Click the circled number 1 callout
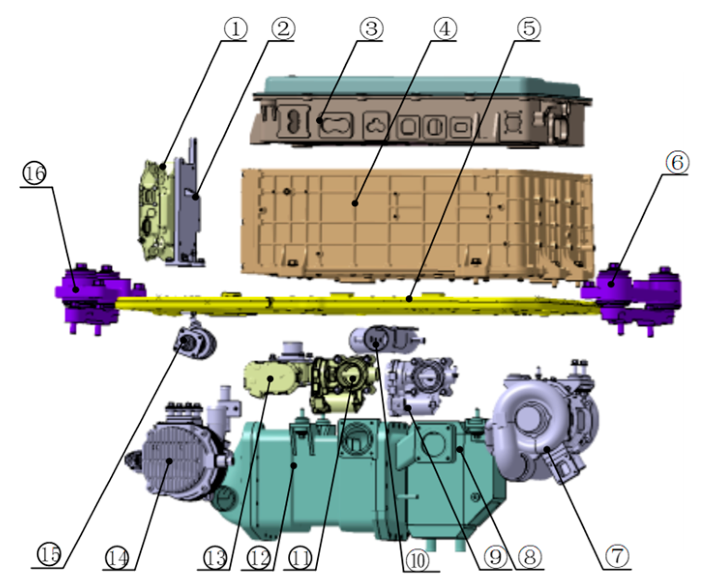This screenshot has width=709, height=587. pyautogui.click(x=236, y=29)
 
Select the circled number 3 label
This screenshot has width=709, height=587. pyautogui.click(x=371, y=29)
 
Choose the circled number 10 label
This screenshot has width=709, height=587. pyautogui.click(x=417, y=560)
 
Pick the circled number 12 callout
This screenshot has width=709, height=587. pyautogui.click(x=259, y=558)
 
